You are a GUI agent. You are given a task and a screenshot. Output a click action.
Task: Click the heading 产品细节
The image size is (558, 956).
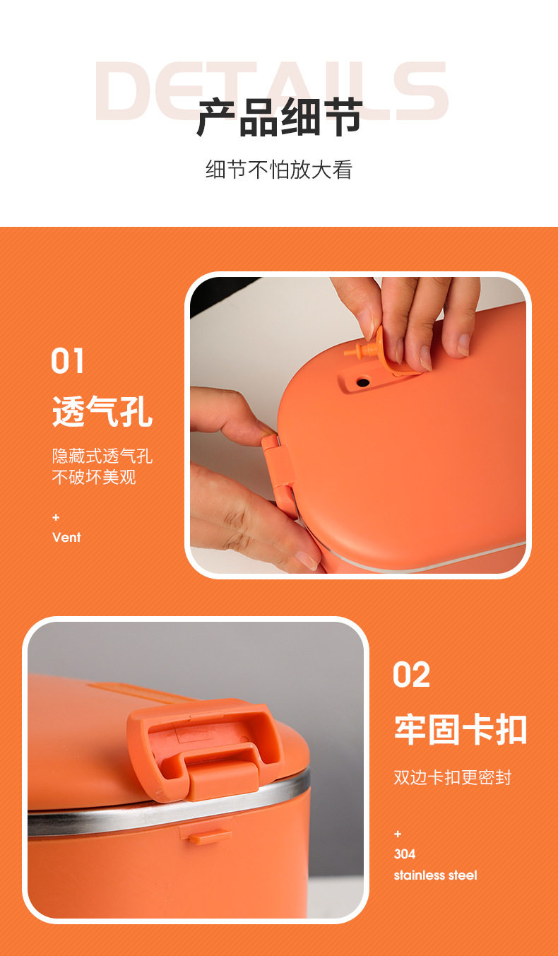click(280, 117)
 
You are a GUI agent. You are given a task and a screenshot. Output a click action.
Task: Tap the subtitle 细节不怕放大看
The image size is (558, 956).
click(279, 170)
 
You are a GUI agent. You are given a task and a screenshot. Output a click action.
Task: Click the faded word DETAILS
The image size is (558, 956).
click(271, 90)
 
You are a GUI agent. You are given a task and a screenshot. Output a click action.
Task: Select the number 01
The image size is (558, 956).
click(67, 360)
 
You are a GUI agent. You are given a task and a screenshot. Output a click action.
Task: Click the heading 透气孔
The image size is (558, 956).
click(102, 411)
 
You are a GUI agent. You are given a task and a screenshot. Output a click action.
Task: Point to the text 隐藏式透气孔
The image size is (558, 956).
click(102, 456)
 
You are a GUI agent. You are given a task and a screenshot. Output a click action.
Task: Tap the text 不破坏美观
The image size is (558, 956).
click(94, 477)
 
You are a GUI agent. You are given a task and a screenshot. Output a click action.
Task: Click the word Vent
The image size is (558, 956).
click(66, 537)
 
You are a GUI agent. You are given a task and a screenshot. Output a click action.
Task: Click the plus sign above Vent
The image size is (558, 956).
click(56, 518)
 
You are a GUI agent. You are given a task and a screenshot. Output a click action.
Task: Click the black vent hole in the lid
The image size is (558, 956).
click(362, 382)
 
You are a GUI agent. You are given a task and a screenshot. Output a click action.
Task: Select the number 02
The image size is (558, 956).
click(411, 674)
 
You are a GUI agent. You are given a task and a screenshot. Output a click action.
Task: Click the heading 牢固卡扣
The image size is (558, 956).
click(461, 729)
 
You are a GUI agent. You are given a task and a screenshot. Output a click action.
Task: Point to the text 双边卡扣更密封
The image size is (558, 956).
click(452, 777)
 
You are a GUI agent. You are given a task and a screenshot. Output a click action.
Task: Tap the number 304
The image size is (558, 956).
click(405, 854)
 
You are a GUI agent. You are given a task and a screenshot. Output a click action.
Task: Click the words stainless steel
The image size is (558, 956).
click(435, 875)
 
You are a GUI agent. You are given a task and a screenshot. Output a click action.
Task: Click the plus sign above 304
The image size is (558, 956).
click(398, 834)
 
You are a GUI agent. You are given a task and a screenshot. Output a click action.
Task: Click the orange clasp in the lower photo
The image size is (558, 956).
click(205, 747)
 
